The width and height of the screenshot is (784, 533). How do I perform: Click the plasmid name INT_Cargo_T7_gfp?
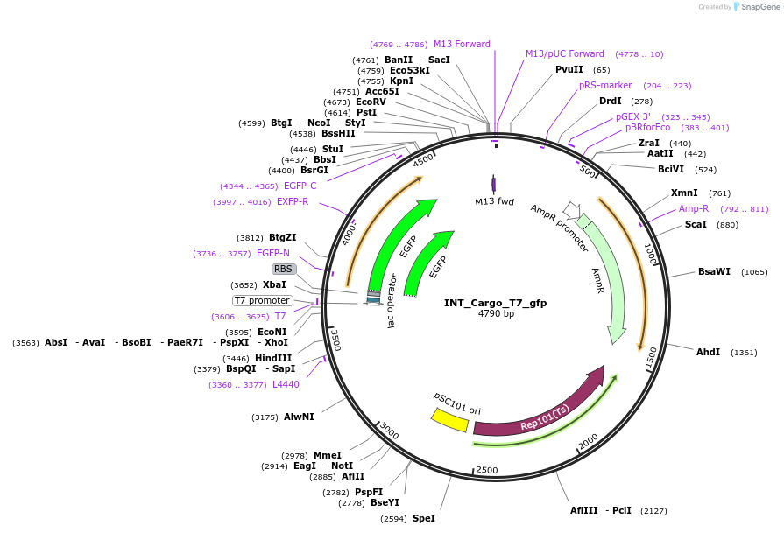click(495, 303)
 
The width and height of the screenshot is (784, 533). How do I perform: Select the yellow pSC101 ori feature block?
click(450, 419)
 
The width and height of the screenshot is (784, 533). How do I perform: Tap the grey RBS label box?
click(283, 269)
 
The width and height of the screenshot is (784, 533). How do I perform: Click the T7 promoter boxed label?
click(262, 300)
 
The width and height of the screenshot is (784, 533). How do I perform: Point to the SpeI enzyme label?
click(423, 518)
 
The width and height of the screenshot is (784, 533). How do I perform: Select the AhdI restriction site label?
click(708, 352)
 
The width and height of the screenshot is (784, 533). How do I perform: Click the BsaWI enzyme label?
click(714, 271)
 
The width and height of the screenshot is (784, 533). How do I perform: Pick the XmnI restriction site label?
click(684, 193)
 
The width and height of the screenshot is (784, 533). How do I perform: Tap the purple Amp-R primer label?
click(694, 208)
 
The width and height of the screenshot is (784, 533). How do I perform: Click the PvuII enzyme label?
click(569, 69)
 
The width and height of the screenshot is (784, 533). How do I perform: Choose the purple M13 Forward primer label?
click(462, 44)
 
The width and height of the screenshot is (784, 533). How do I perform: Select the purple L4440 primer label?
click(286, 384)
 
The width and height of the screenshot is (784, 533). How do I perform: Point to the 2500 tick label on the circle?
click(487, 470)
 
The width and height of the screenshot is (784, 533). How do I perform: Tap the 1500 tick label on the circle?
click(651, 356)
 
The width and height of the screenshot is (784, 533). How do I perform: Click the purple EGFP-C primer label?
click(300, 186)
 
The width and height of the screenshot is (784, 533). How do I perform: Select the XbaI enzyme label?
click(274, 284)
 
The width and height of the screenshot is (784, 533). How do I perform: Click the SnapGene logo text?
click(759, 6)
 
